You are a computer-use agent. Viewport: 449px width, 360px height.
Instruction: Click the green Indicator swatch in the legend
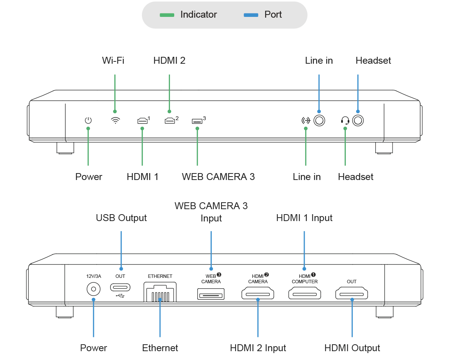pyautogui.click(x=167, y=15)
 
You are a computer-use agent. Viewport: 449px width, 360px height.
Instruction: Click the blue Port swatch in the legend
pyautogui.click(x=251, y=15)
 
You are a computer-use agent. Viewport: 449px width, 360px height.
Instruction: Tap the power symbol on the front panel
pyautogui.click(x=88, y=120)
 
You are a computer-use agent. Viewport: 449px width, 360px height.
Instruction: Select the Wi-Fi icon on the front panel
pyautogui.click(x=116, y=120)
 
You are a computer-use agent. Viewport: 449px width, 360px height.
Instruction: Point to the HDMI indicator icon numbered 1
pyautogui.click(x=143, y=121)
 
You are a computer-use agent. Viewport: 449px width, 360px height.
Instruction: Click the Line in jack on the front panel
pyautogui.click(x=319, y=121)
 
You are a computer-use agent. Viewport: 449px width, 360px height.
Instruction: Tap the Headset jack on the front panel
pyautogui.click(x=358, y=121)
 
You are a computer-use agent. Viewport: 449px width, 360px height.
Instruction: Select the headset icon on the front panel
pyautogui.click(x=345, y=121)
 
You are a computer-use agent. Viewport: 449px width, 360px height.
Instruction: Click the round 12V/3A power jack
pyautogui.click(x=93, y=289)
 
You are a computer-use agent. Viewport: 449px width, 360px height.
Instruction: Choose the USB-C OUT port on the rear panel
pyautogui.click(x=120, y=287)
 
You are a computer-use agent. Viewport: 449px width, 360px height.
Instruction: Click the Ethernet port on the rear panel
pyautogui.click(x=160, y=292)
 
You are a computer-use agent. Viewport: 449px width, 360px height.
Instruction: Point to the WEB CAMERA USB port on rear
pyautogui.click(x=211, y=294)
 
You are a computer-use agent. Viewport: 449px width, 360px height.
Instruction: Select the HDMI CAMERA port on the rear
pyautogui.click(x=258, y=294)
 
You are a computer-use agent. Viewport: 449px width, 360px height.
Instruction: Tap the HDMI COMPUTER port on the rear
pyautogui.click(x=305, y=294)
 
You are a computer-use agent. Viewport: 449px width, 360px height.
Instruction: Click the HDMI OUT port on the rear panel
pyautogui.click(x=352, y=294)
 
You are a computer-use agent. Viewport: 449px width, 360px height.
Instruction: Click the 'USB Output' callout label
pyautogui.click(x=121, y=218)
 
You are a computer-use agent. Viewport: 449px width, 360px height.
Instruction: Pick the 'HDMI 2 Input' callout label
pyautogui.click(x=258, y=348)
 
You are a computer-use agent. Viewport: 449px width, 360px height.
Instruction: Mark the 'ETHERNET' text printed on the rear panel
pyautogui.click(x=160, y=276)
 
